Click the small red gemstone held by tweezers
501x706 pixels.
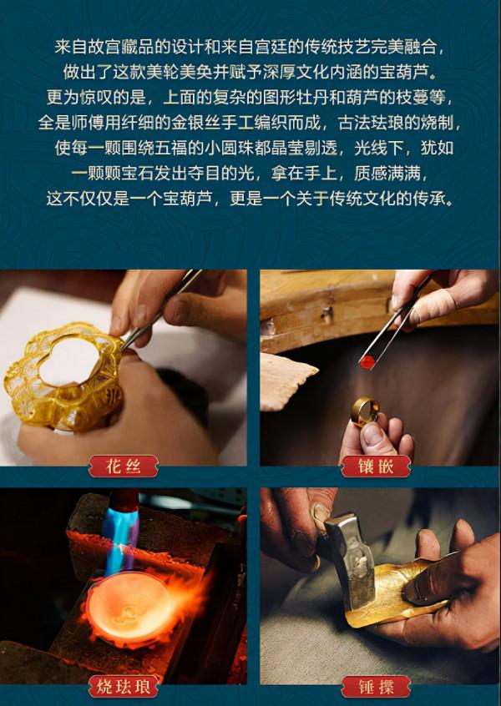pos(367,361)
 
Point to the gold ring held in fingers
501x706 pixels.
pos(365,411)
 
